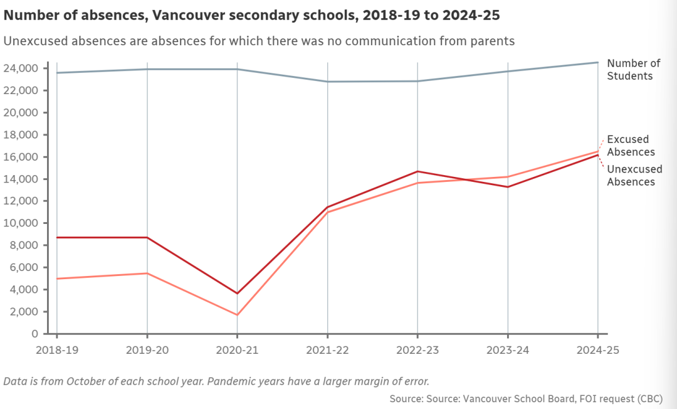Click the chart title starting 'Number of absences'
pyautogui.click(x=251, y=14)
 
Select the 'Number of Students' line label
pyautogui.click(x=634, y=70)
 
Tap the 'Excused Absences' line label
pyautogui.click(x=631, y=146)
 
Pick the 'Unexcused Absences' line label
pyautogui.click(x=634, y=176)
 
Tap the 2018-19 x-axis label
pyautogui.click(x=56, y=350)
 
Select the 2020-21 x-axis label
pyautogui.click(x=237, y=350)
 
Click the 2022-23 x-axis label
pyautogui.click(x=417, y=350)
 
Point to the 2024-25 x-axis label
pyautogui.click(x=598, y=350)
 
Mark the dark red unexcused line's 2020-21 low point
pyautogui.click(x=237, y=293)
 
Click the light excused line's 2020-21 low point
pyautogui.click(x=237, y=315)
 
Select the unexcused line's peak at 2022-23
pyautogui.click(x=417, y=171)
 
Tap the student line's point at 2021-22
pyautogui.click(x=327, y=82)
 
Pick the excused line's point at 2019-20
pyautogui.click(x=147, y=273)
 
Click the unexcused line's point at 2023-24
pyautogui.click(x=508, y=186)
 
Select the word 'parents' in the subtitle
pyautogui.click(x=492, y=41)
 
